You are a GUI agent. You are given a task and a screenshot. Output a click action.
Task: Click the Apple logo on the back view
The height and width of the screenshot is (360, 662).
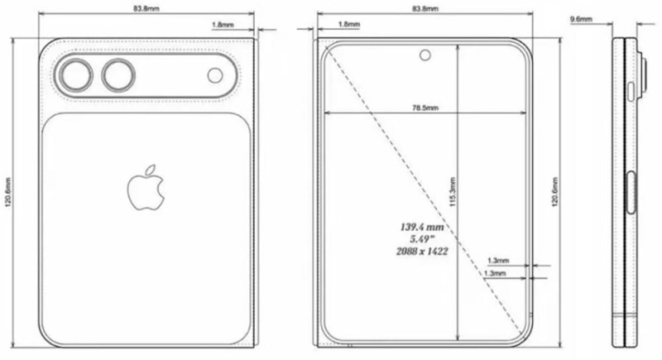click(x=146, y=187)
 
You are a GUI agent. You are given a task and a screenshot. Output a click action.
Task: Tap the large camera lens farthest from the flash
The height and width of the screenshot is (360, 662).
click(x=76, y=76)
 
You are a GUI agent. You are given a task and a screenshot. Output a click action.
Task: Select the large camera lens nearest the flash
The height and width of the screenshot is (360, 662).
click(x=118, y=76)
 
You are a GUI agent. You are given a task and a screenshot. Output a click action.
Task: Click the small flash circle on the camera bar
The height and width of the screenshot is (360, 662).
click(x=215, y=76)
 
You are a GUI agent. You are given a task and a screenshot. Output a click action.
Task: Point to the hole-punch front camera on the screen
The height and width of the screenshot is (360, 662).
click(x=425, y=55)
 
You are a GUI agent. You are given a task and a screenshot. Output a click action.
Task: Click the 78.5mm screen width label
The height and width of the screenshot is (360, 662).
click(x=425, y=108)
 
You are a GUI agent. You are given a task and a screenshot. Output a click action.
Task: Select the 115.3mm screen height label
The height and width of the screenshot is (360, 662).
click(x=453, y=191)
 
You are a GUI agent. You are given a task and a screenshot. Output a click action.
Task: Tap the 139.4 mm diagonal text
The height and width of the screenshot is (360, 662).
click(x=422, y=227)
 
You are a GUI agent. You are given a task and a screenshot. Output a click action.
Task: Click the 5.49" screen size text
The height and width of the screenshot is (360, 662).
click(x=422, y=239)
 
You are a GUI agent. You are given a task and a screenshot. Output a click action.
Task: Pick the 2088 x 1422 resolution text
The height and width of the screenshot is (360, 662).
click(x=422, y=251)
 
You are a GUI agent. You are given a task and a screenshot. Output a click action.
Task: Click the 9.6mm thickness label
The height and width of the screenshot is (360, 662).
click(x=581, y=19)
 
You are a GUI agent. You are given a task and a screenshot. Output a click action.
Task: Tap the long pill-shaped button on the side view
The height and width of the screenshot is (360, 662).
click(x=631, y=192)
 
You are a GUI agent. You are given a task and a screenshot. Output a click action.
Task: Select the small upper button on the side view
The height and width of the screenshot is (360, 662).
click(x=631, y=92)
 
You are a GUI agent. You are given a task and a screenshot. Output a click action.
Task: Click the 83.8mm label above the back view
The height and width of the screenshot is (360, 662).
click(x=146, y=8)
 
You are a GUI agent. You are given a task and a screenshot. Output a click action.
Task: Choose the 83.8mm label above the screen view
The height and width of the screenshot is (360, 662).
click(x=425, y=8)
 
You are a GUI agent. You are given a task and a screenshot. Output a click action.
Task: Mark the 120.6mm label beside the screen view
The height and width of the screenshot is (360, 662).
click(x=554, y=192)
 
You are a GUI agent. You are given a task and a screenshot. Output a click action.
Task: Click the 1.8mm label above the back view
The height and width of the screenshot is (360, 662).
click(x=223, y=25)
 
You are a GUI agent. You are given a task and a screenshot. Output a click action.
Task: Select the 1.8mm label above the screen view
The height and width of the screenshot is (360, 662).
click(x=349, y=25)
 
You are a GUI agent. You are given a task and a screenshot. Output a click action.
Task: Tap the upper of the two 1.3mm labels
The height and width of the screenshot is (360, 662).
click(x=498, y=261)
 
